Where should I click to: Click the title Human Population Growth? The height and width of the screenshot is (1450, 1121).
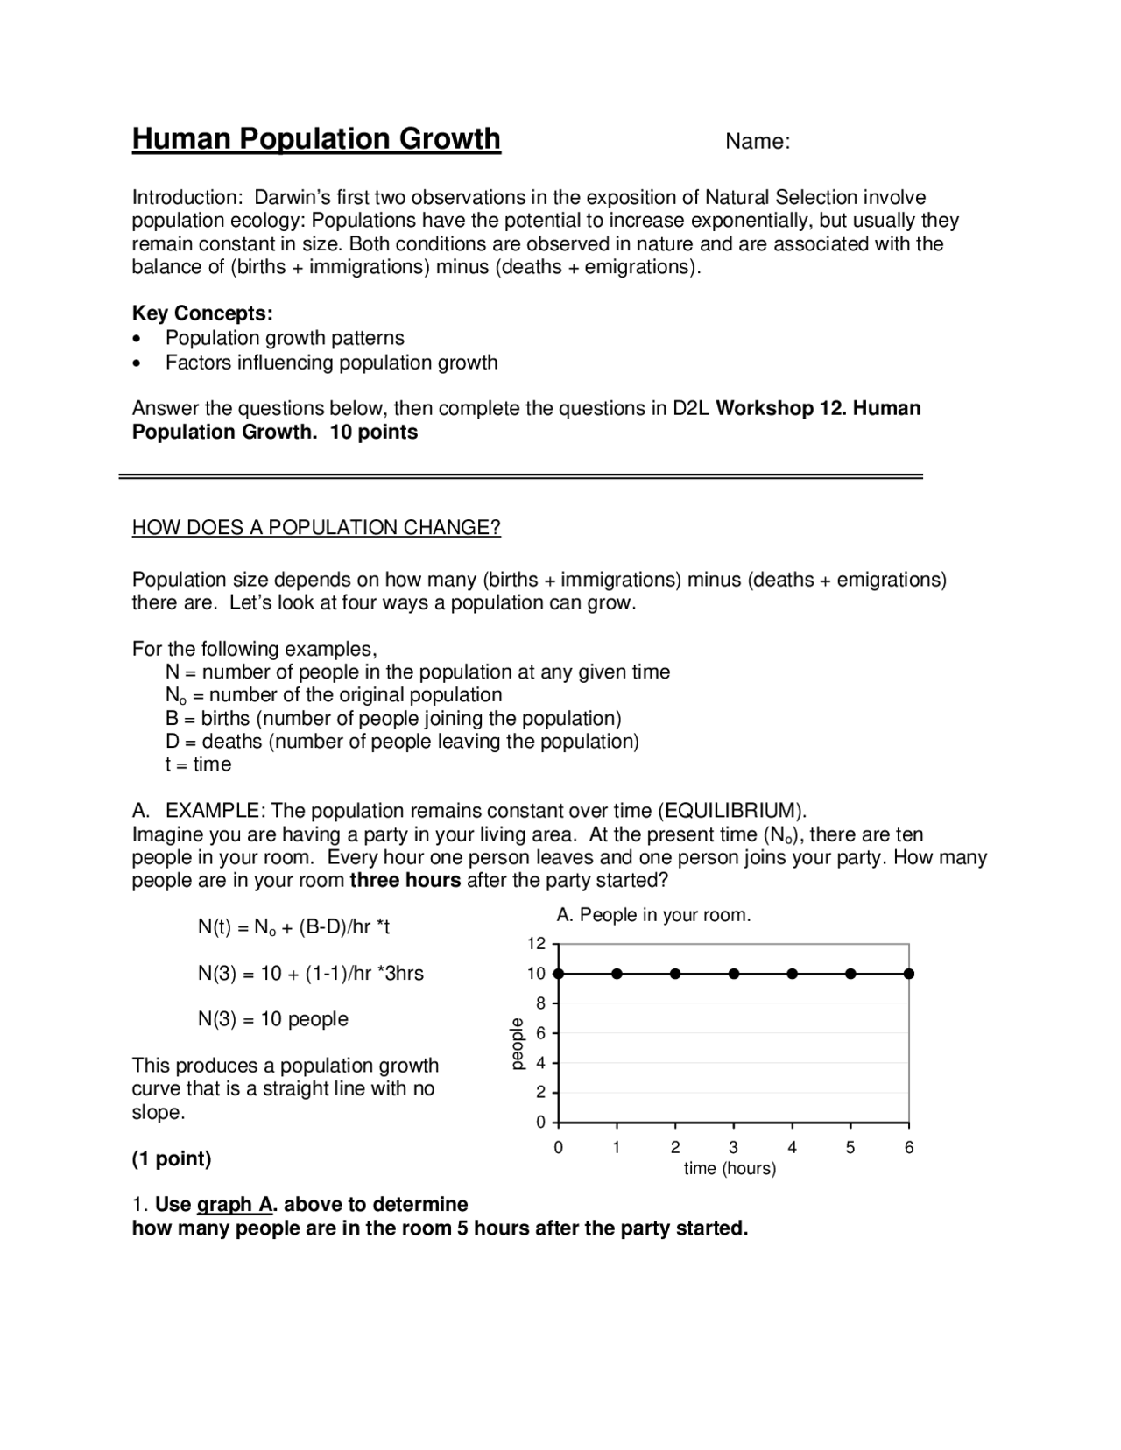pos(316,139)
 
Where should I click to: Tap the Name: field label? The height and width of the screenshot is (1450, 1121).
pos(758,142)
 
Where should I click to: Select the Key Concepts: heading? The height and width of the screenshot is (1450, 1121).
pos(202,313)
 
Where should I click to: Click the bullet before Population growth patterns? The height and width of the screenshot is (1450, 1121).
pos(136,339)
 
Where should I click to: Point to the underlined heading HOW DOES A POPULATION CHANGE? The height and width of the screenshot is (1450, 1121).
pos(316,527)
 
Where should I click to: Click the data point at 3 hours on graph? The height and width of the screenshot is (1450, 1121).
pos(734,974)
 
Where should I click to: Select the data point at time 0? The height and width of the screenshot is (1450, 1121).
pos(559,974)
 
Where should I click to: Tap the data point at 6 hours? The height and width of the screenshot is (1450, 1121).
pos(909,974)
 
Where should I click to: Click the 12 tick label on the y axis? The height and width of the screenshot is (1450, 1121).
pos(536,944)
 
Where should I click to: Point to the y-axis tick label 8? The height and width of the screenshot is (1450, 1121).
pos(540,1003)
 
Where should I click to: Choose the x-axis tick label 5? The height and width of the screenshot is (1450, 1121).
pos(850,1148)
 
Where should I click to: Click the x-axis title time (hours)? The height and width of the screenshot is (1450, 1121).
pos(730,1169)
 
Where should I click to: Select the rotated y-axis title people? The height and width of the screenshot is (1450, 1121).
pos(517,1043)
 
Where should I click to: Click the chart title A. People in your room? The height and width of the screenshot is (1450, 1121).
pos(653,915)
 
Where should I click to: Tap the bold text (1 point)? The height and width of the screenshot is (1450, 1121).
pos(172,1159)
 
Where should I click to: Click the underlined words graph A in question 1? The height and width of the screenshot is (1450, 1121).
pos(235,1205)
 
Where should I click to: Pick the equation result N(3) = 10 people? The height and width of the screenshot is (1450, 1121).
pos(273,1019)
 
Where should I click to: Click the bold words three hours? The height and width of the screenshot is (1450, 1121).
pos(405,880)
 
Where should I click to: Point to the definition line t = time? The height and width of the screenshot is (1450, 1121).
pos(199,764)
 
